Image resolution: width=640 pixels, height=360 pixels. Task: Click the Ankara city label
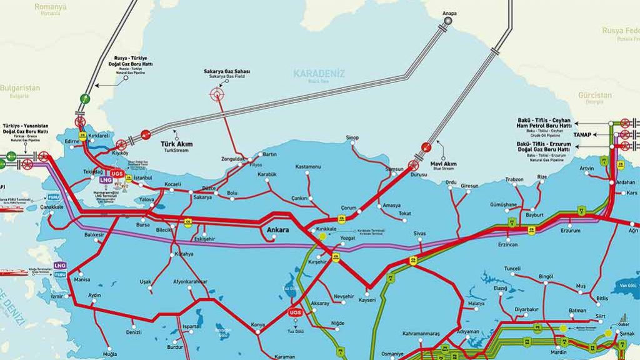click(277, 230)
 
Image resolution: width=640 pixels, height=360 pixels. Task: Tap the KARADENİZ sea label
click(319, 74)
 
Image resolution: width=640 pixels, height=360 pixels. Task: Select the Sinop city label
click(353, 137)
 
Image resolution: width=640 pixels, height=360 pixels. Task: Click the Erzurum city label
click(570, 230)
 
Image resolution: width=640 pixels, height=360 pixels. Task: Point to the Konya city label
click(258, 324)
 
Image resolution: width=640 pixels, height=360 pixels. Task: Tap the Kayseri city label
click(367, 300)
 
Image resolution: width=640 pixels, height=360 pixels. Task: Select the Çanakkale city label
click(52, 206)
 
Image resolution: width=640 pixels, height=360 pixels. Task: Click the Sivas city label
click(419, 233)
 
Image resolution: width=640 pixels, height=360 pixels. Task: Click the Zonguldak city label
click(234, 159)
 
